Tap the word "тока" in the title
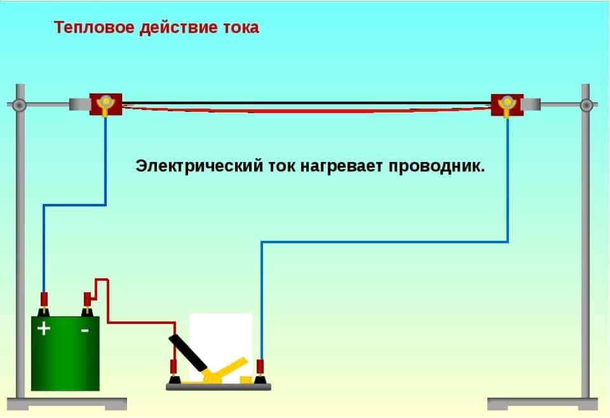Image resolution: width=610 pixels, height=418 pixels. click(240, 28)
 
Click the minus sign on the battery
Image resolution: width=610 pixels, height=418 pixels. click(85, 330)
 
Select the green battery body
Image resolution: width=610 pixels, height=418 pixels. click(65, 362)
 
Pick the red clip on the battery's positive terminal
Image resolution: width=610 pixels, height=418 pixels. click(44, 299)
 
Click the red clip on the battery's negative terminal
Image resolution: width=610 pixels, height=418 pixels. click(88, 299)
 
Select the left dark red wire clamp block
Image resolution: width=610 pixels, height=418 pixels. click(105, 104)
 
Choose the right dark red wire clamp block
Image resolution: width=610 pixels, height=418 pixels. click(507, 105)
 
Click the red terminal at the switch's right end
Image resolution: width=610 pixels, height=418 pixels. click(260, 369)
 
